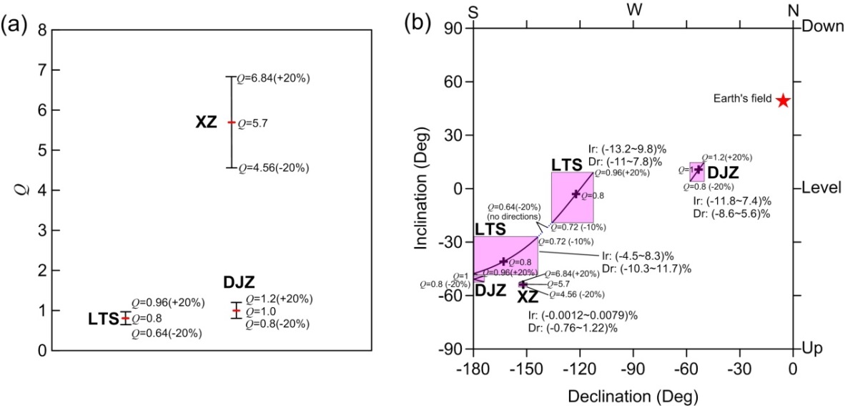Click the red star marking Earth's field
coord(783,100)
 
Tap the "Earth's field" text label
coord(744,100)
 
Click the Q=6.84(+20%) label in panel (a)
coord(274,77)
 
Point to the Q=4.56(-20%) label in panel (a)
coord(274,168)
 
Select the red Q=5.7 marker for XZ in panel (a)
coord(231,122)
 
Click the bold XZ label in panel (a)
coord(206,122)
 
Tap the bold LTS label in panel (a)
coord(103,319)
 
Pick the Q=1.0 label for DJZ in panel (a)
coord(260,311)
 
